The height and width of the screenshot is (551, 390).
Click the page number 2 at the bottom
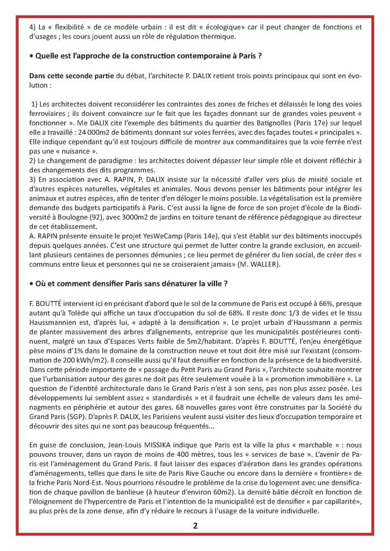[x=195, y=527]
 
